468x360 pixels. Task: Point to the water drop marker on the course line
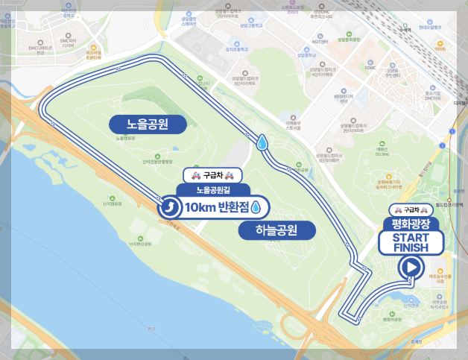pyautogui.click(x=263, y=142)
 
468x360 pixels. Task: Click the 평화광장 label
pyautogui.click(x=412, y=223)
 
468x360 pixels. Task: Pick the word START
pyautogui.click(x=411, y=237)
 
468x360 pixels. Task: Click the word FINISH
pyautogui.click(x=411, y=247)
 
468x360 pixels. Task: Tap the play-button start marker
pyautogui.click(x=410, y=268)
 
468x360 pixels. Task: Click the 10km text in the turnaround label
pyautogui.click(x=198, y=207)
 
